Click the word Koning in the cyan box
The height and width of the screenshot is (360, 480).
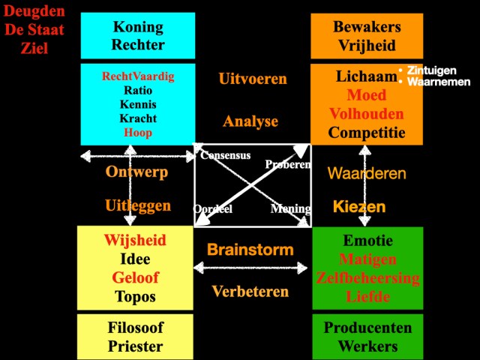coord(138,27)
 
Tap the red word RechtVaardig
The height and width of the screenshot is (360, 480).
coord(138,76)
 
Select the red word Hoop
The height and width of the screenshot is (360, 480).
coord(138,133)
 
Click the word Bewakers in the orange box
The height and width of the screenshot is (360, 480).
coord(367,27)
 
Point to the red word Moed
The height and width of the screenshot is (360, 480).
coord(367,96)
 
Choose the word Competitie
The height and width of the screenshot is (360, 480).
coord(367,133)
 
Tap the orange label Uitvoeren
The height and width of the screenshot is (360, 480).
coord(253,79)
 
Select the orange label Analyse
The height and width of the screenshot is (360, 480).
coord(250,121)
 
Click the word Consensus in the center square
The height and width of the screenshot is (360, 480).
coord(225,155)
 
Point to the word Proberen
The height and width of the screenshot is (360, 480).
coord(288,164)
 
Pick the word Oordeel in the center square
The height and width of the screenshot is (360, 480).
coord(213,209)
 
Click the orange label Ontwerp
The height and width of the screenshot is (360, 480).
coord(136,172)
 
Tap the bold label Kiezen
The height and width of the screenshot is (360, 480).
coord(359,206)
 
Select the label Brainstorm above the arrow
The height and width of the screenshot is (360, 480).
coord(250,249)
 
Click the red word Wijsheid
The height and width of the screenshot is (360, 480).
coord(135,241)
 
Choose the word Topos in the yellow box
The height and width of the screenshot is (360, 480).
coord(135,296)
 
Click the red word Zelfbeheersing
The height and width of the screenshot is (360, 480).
coord(367,278)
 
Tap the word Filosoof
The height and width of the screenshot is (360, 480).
coord(135,328)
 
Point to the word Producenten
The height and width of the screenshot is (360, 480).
coord(367,328)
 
